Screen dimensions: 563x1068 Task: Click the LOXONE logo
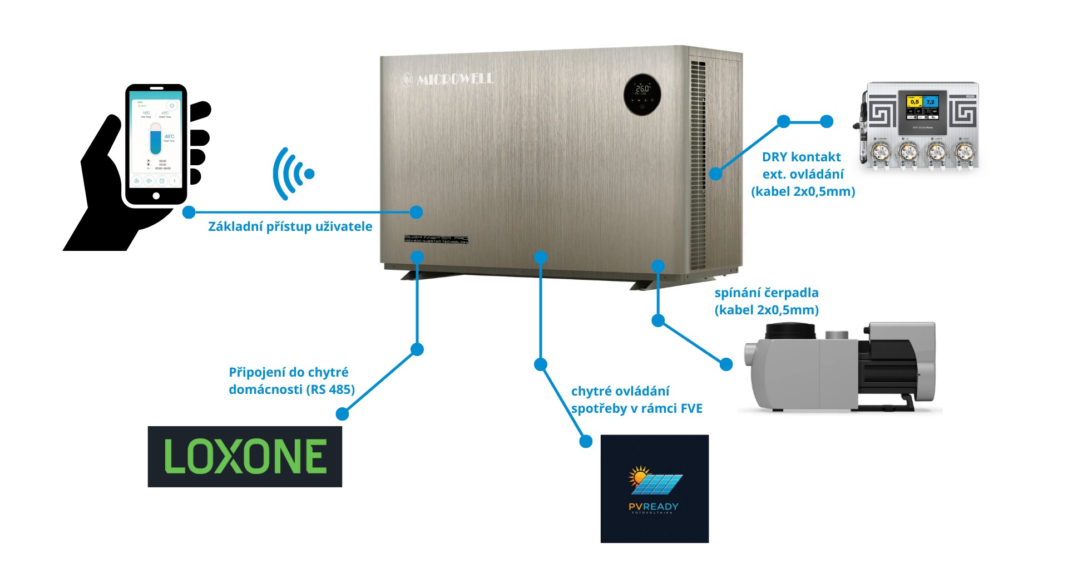[x=245, y=457]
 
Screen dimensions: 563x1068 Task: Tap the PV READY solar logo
[x=655, y=488]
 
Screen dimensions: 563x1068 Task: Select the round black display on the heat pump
[x=642, y=95]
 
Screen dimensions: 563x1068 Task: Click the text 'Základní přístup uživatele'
[x=290, y=226]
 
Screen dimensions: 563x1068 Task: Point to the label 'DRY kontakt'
[x=801, y=157]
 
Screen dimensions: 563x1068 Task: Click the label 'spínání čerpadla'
[x=766, y=293]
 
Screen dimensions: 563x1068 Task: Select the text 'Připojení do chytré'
[x=289, y=372]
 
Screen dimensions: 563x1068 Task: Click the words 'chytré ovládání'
[x=620, y=391]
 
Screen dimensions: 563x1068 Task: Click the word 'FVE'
[x=691, y=408]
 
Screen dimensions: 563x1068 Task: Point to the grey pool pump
[x=840, y=367]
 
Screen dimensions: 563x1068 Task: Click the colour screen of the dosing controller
[x=923, y=109]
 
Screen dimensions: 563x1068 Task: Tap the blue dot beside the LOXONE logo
[x=343, y=414]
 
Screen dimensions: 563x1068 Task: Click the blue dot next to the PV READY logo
[x=586, y=441]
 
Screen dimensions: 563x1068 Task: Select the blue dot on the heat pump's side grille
[x=716, y=174]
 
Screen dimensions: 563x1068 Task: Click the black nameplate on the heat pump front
[x=436, y=239]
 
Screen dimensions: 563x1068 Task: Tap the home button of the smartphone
[x=156, y=196]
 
